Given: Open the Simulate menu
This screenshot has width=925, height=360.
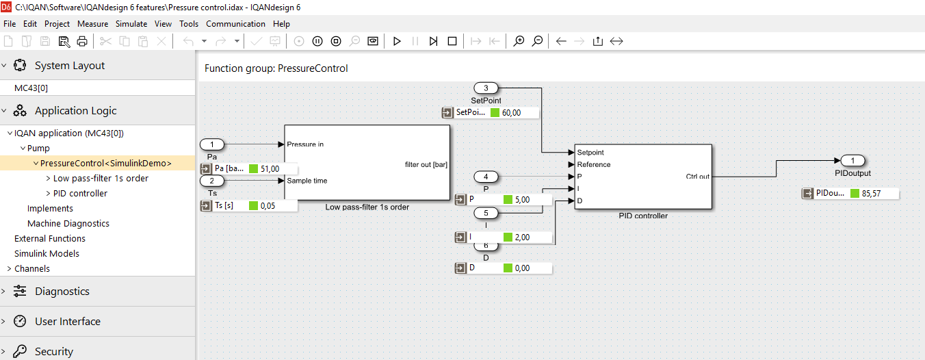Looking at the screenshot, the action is point(131,24).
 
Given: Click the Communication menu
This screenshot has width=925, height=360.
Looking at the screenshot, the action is point(235,24).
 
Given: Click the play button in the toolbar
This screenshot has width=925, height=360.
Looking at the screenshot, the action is point(397,41).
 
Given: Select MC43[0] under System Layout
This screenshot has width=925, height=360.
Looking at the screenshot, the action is point(31,88).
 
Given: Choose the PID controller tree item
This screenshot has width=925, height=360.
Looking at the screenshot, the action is point(80,194).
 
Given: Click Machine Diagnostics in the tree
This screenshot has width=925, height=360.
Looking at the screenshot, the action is point(68,224).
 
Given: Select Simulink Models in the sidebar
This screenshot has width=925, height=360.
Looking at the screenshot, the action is point(47,254).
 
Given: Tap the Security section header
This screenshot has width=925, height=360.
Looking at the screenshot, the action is point(53,352).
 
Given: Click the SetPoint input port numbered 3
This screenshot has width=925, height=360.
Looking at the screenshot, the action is point(486,88).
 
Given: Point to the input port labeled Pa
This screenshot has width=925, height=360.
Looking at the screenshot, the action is point(212,144).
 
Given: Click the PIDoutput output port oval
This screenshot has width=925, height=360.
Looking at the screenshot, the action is point(852,161).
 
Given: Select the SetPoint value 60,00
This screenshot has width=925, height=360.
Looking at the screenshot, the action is point(511,113).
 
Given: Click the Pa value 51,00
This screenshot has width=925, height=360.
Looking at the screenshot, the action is point(270,168).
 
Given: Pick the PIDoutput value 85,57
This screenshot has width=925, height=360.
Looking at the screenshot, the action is point(872,194).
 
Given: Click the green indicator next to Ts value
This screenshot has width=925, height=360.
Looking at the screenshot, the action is point(254,206).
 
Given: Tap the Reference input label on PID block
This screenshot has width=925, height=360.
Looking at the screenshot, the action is point(594,164).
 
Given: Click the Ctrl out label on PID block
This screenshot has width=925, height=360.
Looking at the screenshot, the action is point(697,177).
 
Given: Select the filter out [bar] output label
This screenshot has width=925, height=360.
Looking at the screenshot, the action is point(426,164).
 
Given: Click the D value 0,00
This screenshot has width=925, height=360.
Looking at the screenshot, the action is point(523,268).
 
